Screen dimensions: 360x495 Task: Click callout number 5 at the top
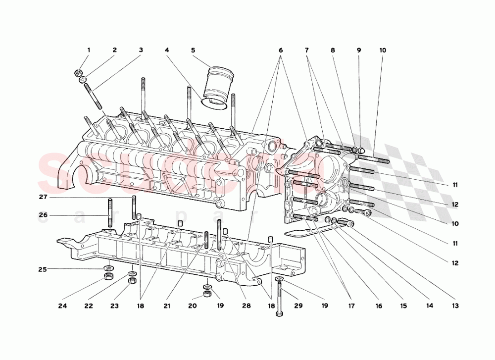point(193,50)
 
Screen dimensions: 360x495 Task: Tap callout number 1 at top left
point(89,50)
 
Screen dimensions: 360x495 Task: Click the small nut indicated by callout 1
point(78,73)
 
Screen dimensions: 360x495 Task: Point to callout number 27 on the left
point(43,197)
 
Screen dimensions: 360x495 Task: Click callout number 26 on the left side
point(43,215)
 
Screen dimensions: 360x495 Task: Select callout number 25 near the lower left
point(43,269)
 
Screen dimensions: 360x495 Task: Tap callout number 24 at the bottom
point(62,306)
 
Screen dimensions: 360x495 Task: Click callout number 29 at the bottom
point(299,306)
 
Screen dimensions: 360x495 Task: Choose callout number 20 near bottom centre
point(192,306)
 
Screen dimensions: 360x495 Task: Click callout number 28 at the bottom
point(247,306)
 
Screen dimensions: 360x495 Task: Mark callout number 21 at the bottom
point(167,306)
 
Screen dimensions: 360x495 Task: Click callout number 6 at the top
point(281,50)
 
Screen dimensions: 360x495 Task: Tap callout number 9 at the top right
point(359,50)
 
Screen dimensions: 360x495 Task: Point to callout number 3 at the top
point(141,50)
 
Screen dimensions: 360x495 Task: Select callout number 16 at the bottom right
point(379,306)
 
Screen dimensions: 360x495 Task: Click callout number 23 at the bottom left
point(114,306)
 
